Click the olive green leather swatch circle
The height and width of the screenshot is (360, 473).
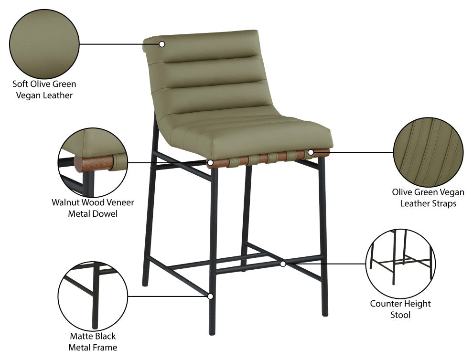pos(44,44)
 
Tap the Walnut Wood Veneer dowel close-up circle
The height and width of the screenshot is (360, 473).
pos(93,162)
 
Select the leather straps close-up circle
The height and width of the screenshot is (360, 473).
pos(429,152)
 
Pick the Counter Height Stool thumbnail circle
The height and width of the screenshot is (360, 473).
pos(400,264)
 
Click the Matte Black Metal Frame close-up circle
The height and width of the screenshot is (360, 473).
pos(93,296)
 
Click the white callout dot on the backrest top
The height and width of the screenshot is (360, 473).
pos(162,44)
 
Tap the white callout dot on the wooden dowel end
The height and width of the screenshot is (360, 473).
pos(210,163)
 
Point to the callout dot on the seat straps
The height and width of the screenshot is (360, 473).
pos(311,153)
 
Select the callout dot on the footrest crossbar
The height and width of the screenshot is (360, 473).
pos(283,264)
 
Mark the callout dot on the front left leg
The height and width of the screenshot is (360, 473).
pos(211,296)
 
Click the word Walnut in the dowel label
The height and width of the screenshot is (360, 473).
pos(64,202)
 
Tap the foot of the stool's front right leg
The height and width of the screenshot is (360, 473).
pos(325,314)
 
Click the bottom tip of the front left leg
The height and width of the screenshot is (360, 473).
pos(212,333)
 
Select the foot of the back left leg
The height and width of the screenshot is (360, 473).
pos(145,284)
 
